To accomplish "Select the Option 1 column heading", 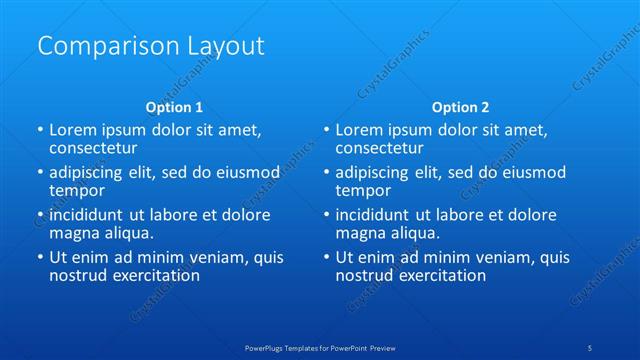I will click(174, 106).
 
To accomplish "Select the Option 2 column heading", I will click(460, 106).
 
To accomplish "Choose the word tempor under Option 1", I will click(77, 190).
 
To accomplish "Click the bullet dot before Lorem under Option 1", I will click(40, 130).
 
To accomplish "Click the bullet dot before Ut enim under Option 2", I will click(326, 257).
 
